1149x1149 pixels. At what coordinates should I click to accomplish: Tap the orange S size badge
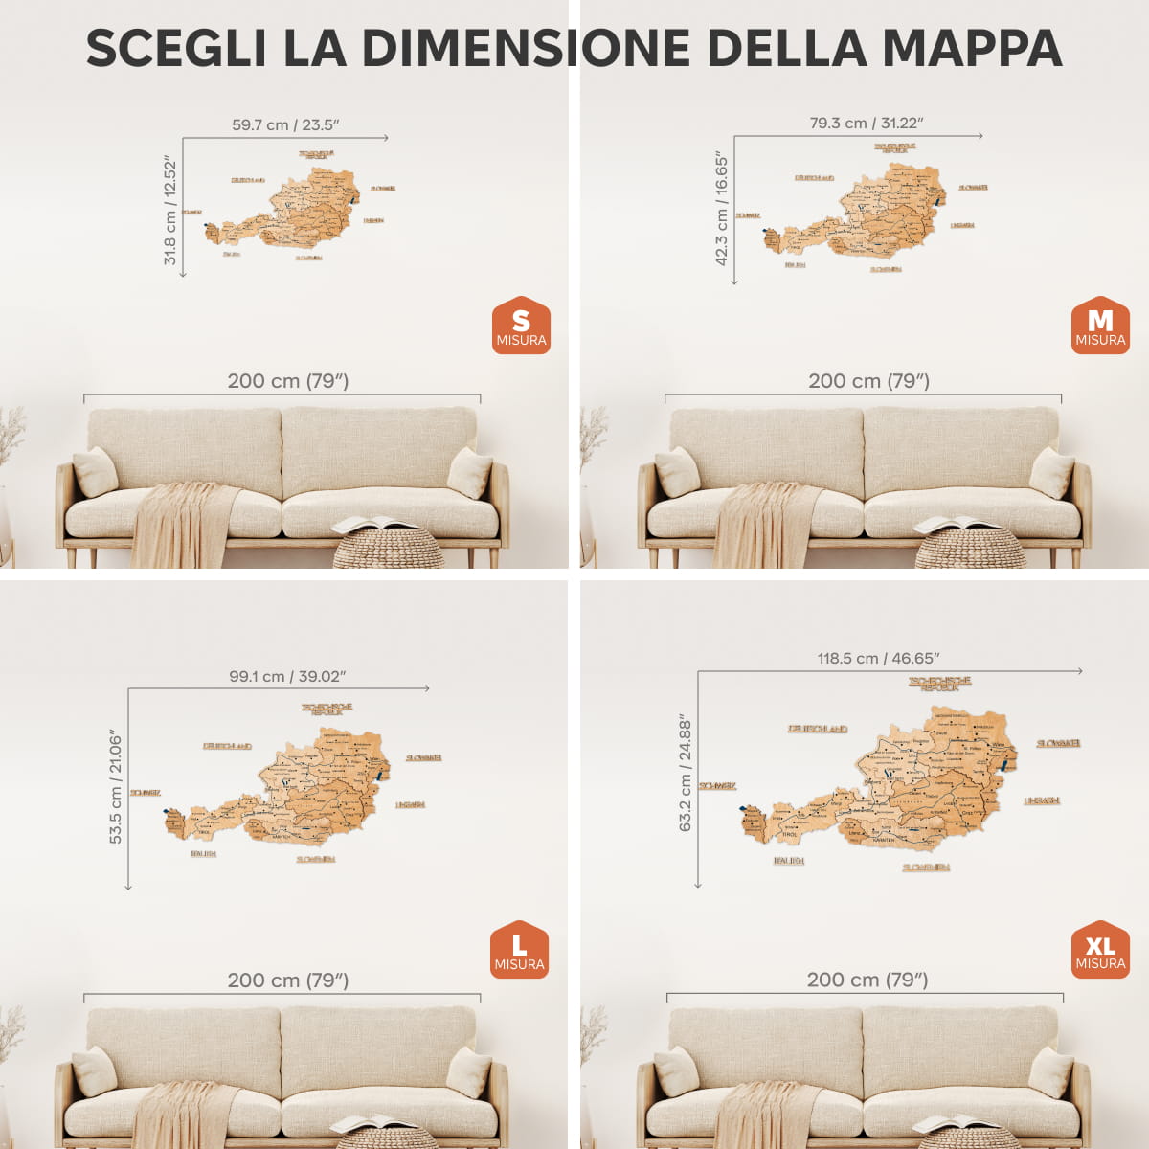click(x=521, y=326)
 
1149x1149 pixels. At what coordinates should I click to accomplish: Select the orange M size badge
click(x=1100, y=326)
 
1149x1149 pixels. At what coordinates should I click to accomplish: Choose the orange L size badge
click(x=519, y=950)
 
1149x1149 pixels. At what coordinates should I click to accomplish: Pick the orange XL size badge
click(x=1100, y=950)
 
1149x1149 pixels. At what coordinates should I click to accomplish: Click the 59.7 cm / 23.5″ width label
click(x=285, y=125)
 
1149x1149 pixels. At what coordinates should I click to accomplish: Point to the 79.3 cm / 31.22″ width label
click(x=867, y=124)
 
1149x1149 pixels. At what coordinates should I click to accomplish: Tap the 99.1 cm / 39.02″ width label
click(x=287, y=676)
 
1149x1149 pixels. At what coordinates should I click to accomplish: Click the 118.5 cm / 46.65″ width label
click(x=878, y=659)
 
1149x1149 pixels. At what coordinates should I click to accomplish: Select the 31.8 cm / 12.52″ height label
click(x=170, y=213)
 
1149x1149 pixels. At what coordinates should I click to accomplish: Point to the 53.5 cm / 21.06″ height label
click(x=116, y=787)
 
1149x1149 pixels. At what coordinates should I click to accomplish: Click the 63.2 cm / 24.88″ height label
click(x=686, y=773)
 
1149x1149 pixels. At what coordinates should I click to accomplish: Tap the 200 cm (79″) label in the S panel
click(x=288, y=381)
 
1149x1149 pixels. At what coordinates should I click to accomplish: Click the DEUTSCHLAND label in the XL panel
click(x=818, y=729)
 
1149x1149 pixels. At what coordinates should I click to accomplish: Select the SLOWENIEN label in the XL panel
click(x=926, y=867)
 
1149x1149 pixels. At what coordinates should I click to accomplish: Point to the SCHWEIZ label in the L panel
click(x=146, y=793)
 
